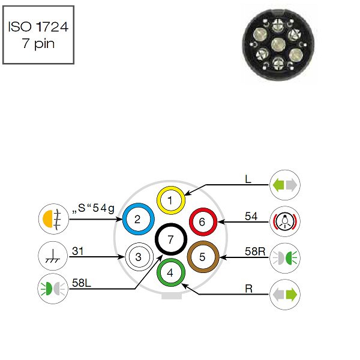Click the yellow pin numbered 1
[170, 200]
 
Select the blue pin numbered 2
[137, 220]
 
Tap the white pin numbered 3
[139, 257]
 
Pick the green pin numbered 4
[170, 272]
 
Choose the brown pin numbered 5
[202, 257]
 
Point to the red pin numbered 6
[202, 222]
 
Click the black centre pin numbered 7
[170, 239]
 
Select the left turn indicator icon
[284, 184]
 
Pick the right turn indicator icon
[284, 294]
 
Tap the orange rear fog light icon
[53, 219]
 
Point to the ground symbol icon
[53, 256]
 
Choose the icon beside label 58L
[53, 287]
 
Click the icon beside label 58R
[284, 257]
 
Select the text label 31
[78, 251]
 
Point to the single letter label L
[248, 179]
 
